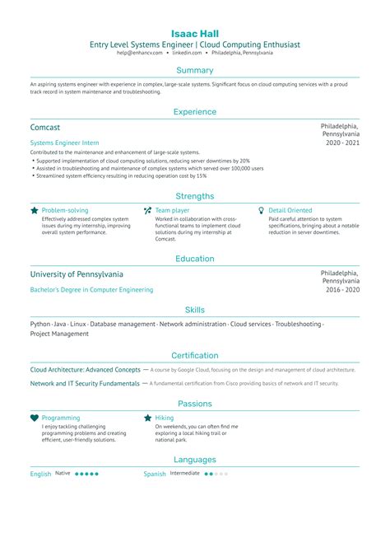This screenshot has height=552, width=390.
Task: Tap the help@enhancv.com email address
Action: (140, 52)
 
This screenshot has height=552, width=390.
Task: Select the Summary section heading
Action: (195, 70)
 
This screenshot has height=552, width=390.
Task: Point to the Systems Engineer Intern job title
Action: (64, 143)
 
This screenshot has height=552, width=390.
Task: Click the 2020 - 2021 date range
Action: (341, 143)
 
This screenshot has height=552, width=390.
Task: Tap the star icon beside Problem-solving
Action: (34, 211)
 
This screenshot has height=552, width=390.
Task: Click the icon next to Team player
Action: (147, 211)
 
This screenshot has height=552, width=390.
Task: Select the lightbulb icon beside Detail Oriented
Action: (262, 211)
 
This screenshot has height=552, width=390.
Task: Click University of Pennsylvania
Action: (77, 274)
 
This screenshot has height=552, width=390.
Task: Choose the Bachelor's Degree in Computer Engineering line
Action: (92, 290)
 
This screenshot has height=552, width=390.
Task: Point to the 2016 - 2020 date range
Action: (341, 290)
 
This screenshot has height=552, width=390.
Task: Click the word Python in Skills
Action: (40, 325)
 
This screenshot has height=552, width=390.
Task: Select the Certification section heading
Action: (195, 355)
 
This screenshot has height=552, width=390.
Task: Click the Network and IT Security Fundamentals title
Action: (84, 384)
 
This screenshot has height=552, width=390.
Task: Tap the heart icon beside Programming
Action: (34, 419)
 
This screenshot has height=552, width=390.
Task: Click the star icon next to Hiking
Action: (147, 419)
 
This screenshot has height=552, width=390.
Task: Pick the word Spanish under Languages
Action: (155, 475)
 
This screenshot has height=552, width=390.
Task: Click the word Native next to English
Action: (63, 474)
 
